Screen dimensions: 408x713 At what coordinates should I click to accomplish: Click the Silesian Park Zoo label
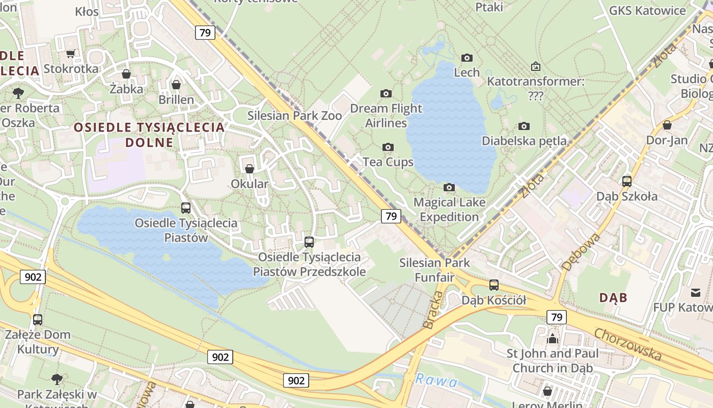[x=294, y=116]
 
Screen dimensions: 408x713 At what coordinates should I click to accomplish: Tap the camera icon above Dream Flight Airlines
[x=386, y=93]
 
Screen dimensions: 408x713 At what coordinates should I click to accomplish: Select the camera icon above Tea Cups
[x=388, y=147]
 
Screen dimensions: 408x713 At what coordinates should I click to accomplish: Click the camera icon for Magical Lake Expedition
[x=449, y=188]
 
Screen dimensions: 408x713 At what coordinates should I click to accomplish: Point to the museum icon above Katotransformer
[x=535, y=66]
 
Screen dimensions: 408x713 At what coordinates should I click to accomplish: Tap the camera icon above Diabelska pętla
[x=524, y=126]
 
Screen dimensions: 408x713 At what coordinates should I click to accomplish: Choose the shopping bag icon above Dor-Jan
[x=667, y=125]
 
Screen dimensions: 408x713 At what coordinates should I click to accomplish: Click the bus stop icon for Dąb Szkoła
[x=626, y=181]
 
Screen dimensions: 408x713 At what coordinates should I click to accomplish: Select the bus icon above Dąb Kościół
[x=493, y=285]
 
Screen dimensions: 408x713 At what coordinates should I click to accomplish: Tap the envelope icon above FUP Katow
[x=696, y=292]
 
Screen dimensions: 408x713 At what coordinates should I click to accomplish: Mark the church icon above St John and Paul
[x=553, y=339]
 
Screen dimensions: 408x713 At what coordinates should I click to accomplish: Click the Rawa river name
[x=436, y=380]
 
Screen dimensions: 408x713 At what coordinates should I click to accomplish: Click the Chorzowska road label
[x=628, y=344]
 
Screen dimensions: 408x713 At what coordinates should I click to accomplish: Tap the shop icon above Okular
[x=250, y=168]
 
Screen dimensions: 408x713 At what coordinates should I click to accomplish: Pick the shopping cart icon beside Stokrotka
[x=71, y=54]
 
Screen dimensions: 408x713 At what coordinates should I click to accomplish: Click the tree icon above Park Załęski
[x=57, y=379]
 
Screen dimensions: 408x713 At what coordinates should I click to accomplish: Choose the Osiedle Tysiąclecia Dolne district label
[x=150, y=135]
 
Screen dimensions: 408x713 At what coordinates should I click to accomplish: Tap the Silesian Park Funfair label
[x=434, y=270]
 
